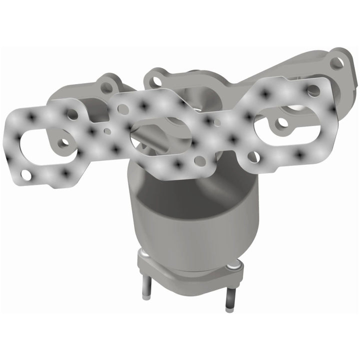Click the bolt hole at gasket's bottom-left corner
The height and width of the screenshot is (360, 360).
[x=27, y=175]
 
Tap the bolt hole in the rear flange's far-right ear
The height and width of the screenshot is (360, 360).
[x=337, y=62]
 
